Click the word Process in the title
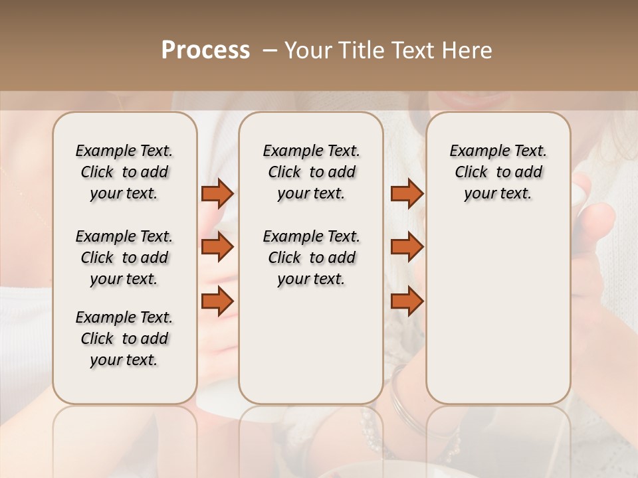pos(205,50)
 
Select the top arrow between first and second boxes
pos(217,194)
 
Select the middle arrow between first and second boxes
pos(217,247)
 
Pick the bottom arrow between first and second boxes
pos(217,301)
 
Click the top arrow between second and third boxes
pos(407,194)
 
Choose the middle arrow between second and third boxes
pos(407,247)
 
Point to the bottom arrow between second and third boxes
pos(407,301)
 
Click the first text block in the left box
pos(124,172)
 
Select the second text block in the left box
pos(124,258)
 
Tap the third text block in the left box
pos(124,339)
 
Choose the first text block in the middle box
pos(311,172)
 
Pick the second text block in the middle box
pos(311,258)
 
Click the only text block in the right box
pos(498,172)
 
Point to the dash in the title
pos(270,50)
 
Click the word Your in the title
pos(308,50)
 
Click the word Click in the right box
pos(471,173)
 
